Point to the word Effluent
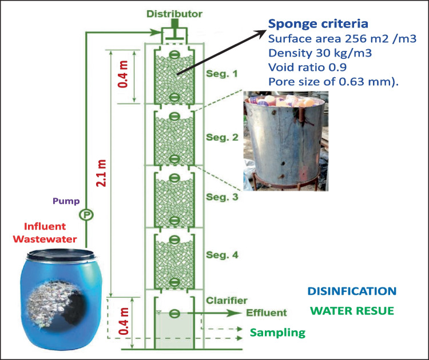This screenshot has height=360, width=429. click(264, 313)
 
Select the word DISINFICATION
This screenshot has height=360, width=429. click(351, 291)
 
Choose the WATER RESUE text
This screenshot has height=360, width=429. click(352, 311)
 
